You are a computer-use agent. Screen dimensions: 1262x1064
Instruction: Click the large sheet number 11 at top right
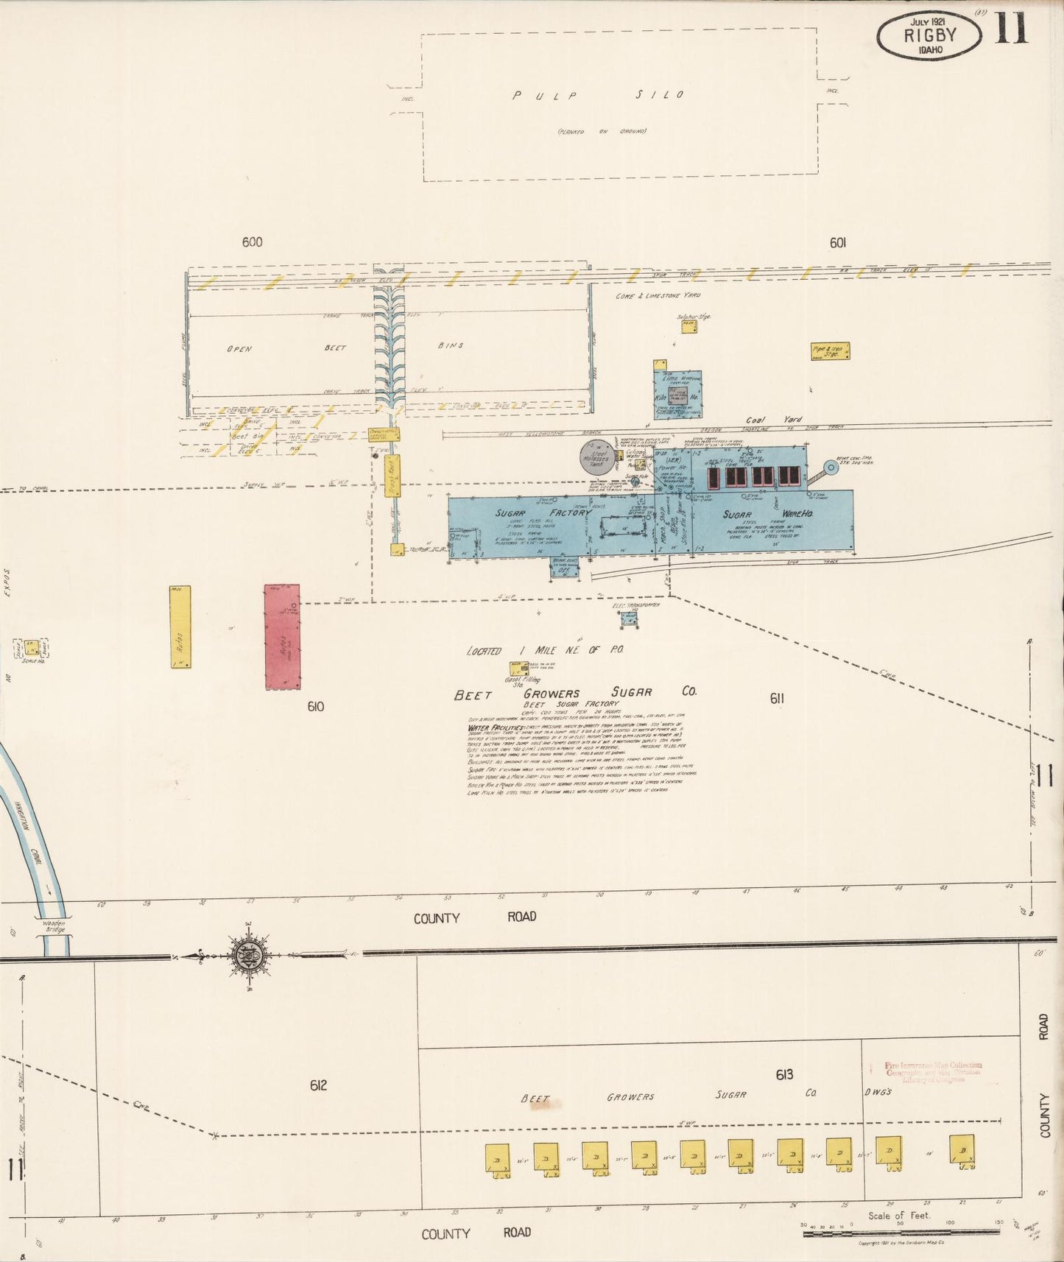(x=1012, y=29)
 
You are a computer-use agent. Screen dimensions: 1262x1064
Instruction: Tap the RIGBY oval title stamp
(x=930, y=35)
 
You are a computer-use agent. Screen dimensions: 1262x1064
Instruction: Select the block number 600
(x=252, y=242)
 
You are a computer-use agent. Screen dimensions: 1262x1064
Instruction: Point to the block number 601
(x=837, y=242)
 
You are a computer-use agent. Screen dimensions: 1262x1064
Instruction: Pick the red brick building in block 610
(x=282, y=637)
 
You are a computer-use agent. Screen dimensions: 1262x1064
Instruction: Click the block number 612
(x=318, y=1085)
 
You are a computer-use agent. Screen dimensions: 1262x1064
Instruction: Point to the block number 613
(x=784, y=1075)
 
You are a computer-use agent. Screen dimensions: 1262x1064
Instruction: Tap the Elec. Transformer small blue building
(x=628, y=619)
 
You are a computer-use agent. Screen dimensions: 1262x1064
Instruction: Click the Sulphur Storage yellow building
(x=688, y=326)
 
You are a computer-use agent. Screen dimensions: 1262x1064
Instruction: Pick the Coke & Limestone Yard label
(x=658, y=295)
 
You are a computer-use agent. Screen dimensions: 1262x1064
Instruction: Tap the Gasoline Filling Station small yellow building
(x=518, y=669)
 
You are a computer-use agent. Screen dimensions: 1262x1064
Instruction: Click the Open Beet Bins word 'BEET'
(x=335, y=348)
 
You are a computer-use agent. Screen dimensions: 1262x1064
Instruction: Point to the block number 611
(x=777, y=698)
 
